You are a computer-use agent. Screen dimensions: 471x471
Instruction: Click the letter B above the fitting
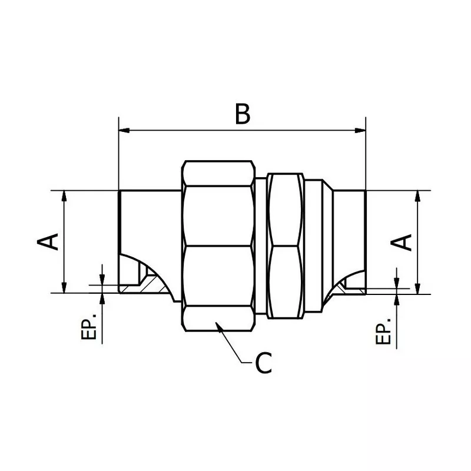click(x=242, y=114)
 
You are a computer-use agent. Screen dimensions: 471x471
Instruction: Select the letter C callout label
click(x=263, y=364)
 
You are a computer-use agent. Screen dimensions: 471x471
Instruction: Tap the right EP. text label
click(x=383, y=334)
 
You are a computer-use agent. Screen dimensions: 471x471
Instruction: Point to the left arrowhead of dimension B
click(x=124, y=131)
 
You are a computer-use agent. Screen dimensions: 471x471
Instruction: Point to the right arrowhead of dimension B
click(x=361, y=131)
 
